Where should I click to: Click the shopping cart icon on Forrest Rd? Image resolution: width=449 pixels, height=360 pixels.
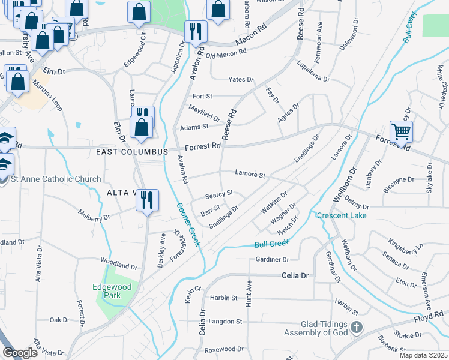[401, 130]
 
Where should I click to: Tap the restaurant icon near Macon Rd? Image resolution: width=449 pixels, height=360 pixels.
[196, 31]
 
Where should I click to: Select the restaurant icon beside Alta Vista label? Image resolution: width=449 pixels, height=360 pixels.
[147, 200]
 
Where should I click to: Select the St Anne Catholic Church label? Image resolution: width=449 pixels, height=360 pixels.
[50, 179]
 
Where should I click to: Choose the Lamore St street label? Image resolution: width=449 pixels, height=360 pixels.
[250, 175]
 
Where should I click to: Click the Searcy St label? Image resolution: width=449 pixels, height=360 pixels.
[218, 196]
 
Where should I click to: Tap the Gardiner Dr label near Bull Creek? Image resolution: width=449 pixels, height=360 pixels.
[272, 259]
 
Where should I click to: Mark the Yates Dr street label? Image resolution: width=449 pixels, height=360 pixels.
[241, 79]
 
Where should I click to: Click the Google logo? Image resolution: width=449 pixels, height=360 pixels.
[20, 353]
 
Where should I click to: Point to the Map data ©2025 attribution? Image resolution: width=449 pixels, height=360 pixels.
[423, 355]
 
